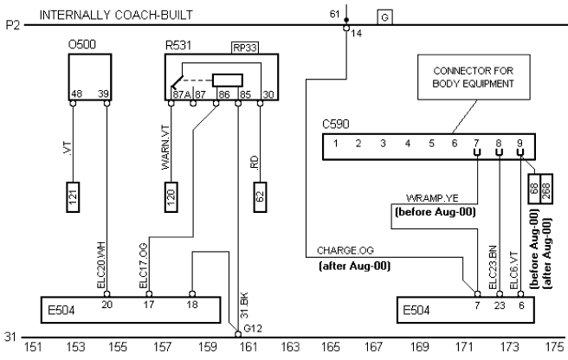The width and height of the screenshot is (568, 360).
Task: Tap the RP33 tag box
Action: pyautogui.click(x=243, y=48)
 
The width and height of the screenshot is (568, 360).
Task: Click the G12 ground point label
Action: pyautogui.click(x=251, y=329)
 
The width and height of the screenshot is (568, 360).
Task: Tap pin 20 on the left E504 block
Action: pyautogui.click(x=106, y=305)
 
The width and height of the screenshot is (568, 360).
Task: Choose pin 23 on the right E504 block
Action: pyautogui.click(x=499, y=305)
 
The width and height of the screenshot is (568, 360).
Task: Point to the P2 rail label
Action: pyautogui.click(x=11, y=26)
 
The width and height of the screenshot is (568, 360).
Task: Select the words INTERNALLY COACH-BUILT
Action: pyautogui.click(x=116, y=15)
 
